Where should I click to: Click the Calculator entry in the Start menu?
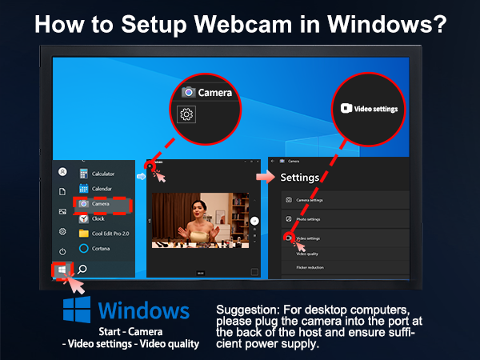click(102, 174)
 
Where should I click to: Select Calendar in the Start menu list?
click(101, 189)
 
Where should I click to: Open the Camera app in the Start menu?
click(100, 204)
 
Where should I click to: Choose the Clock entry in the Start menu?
click(98, 218)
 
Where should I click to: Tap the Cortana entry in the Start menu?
click(100, 248)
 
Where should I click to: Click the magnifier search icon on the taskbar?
click(82, 270)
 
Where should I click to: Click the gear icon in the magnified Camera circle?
click(186, 114)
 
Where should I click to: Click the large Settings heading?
click(300, 177)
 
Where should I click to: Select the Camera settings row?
click(314, 200)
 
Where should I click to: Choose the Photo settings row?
click(313, 218)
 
